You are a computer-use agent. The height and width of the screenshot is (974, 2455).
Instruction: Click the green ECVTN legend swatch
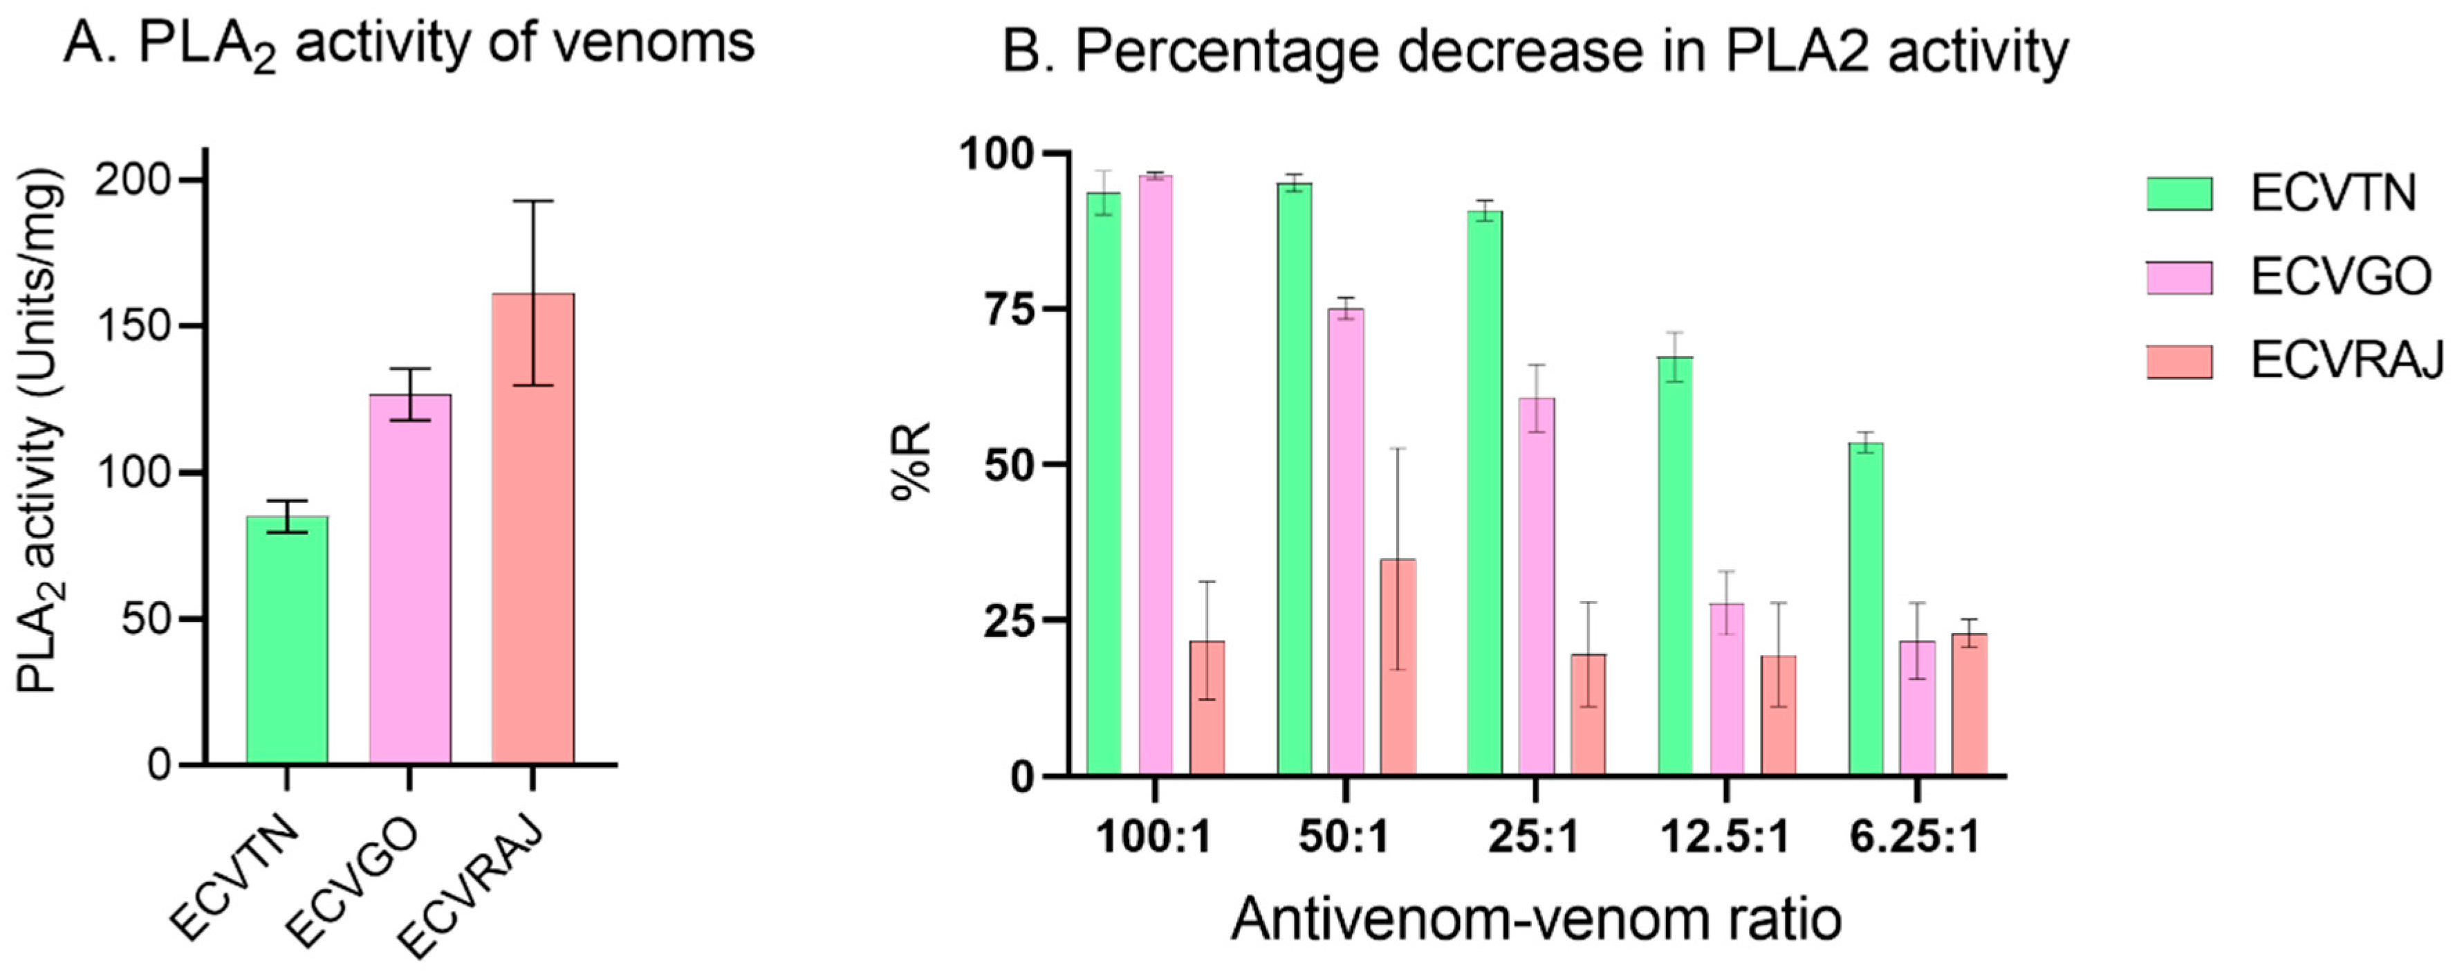[x=2180, y=194]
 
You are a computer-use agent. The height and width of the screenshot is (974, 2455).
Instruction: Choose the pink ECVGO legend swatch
[x=2180, y=277]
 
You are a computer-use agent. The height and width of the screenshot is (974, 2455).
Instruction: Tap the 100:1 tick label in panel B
[x=1154, y=838]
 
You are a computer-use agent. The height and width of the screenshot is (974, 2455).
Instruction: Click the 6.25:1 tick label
[x=1916, y=838]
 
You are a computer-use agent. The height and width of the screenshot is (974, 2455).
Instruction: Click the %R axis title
[x=911, y=461]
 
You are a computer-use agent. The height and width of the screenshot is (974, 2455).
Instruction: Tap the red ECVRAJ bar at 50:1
[x=1398, y=667]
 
